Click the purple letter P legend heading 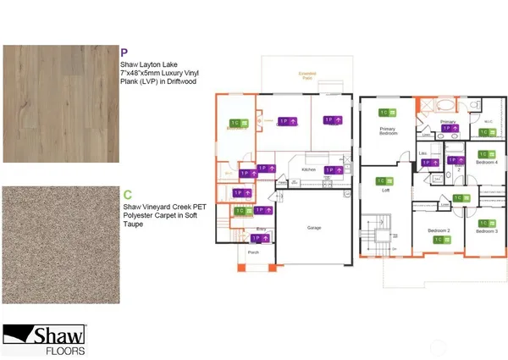click(125, 52)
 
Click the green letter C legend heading click(125, 195)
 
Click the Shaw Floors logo click(48, 339)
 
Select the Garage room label click(314, 228)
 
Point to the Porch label click(253, 252)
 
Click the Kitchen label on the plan click(309, 169)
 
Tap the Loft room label click(385, 191)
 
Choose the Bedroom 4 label click(486, 162)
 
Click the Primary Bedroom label click(389, 131)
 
